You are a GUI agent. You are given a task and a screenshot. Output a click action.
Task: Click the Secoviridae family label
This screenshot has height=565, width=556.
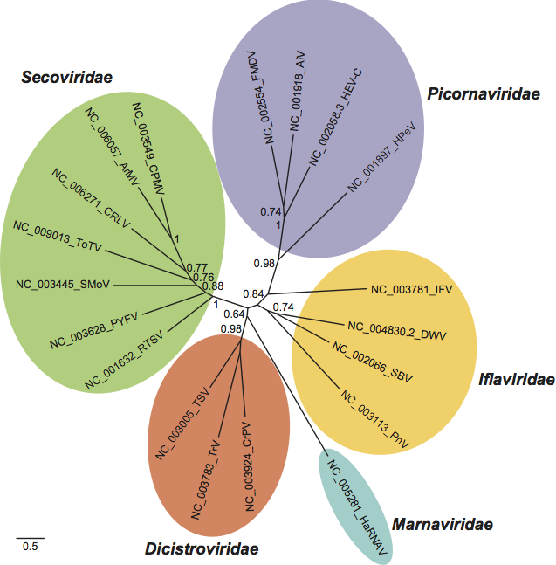pyautogui.click(x=66, y=78)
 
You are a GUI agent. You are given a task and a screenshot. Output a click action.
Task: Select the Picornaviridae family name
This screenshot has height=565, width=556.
pyautogui.click(x=484, y=93)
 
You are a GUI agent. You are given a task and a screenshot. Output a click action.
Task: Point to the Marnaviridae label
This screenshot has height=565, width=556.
pyautogui.click(x=443, y=524)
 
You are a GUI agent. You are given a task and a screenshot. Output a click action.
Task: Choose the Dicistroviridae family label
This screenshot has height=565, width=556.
pyautogui.click(x=202, y=548)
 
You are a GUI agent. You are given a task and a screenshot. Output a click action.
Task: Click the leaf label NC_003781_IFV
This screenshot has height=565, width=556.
pyautogui.click(x=411, y=289)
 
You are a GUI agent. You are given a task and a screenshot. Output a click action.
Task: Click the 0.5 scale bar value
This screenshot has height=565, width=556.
pyautogui.click(x=30, y=547)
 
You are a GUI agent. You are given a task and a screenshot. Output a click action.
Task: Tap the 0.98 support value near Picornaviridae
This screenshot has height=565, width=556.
pyautogui.click(x=264, y=263)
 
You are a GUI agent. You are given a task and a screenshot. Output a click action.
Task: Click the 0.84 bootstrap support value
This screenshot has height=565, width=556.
pyautogui.click(x=254, y=293)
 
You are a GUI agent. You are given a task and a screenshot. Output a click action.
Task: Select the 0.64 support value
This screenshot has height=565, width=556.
pyautogui.click(x=233, y=314)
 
